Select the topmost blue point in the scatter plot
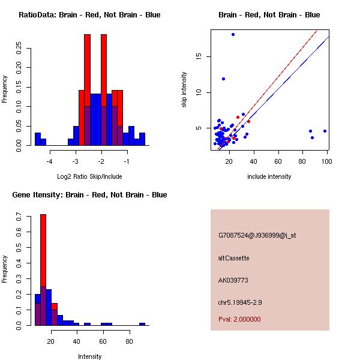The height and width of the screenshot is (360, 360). pyautogui.click(x=233, y=35)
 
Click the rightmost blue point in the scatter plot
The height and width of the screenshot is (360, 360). pyautogui.click(x=325, y=131)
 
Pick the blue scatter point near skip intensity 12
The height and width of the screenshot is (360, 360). pyautogui.click(x=223, y=79)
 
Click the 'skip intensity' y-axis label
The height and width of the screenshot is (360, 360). pyautogui.click(x=184, y=90)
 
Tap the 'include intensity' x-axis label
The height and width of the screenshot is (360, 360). pyautogui.click(x=270, y=176)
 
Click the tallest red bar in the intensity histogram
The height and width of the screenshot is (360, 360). pyautogui.click(x=43, y=270)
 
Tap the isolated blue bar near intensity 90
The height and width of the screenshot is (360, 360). pyautogui.click(x=142, y=324)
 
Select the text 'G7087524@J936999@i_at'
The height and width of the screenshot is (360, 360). pyautogui.click(x=257, y=235)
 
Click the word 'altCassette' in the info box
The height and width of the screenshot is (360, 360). pyautogui.click(x=234, y=258)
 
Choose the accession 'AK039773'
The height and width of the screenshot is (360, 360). pyautogui.click(x=233, y=280)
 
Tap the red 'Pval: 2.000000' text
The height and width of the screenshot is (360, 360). pyautogui.click(x=239, y=319)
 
